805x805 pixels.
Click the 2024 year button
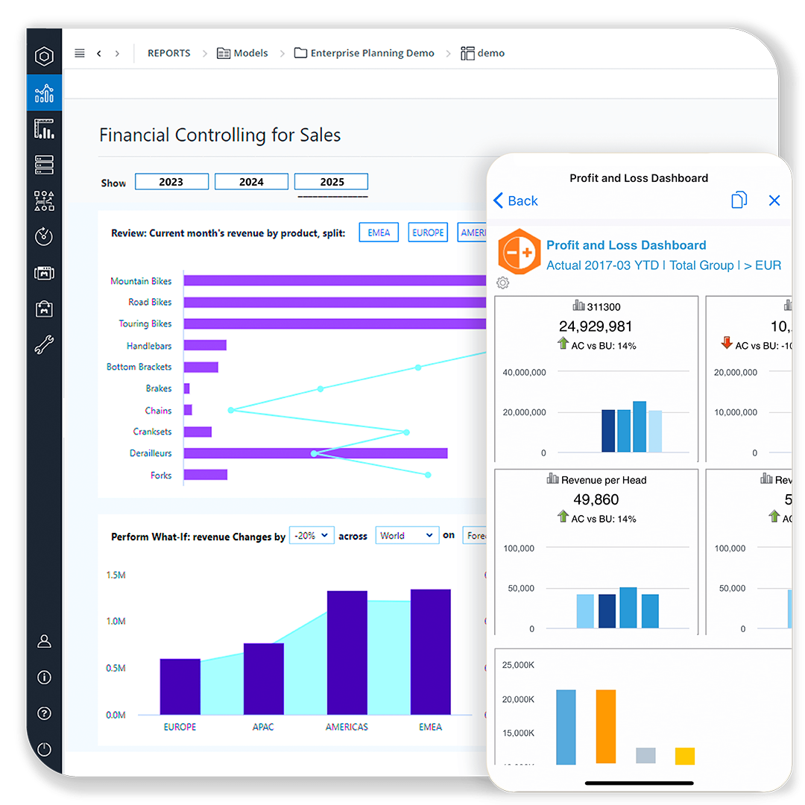(x=251, y=182)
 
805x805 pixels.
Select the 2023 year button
(x=171, y=182)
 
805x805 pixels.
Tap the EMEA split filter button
(x=379, y=233)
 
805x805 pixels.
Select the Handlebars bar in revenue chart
(x=205, y=345)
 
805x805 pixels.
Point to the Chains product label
(x=158, y=411)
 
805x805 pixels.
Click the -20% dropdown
(x=311, y=535)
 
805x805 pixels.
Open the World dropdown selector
(x=406, y=535)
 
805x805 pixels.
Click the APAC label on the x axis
(x=263, y=727)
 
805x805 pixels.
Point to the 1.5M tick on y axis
(x=116, y=575)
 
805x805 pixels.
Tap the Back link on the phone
(x=516, y=201)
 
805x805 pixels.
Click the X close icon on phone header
(x=774, y=201)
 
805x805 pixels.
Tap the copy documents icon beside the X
(x=739, y=200)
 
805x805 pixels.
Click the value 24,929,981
(x=596, y=326)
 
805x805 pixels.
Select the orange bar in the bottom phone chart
(x=606, y=726)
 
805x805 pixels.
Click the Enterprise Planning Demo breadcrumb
(x=372, y=53)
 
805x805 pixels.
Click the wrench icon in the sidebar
(x=44, y=344)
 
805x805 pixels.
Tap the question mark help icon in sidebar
(x=44, y=713)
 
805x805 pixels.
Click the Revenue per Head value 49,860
(x=596, y=499)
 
